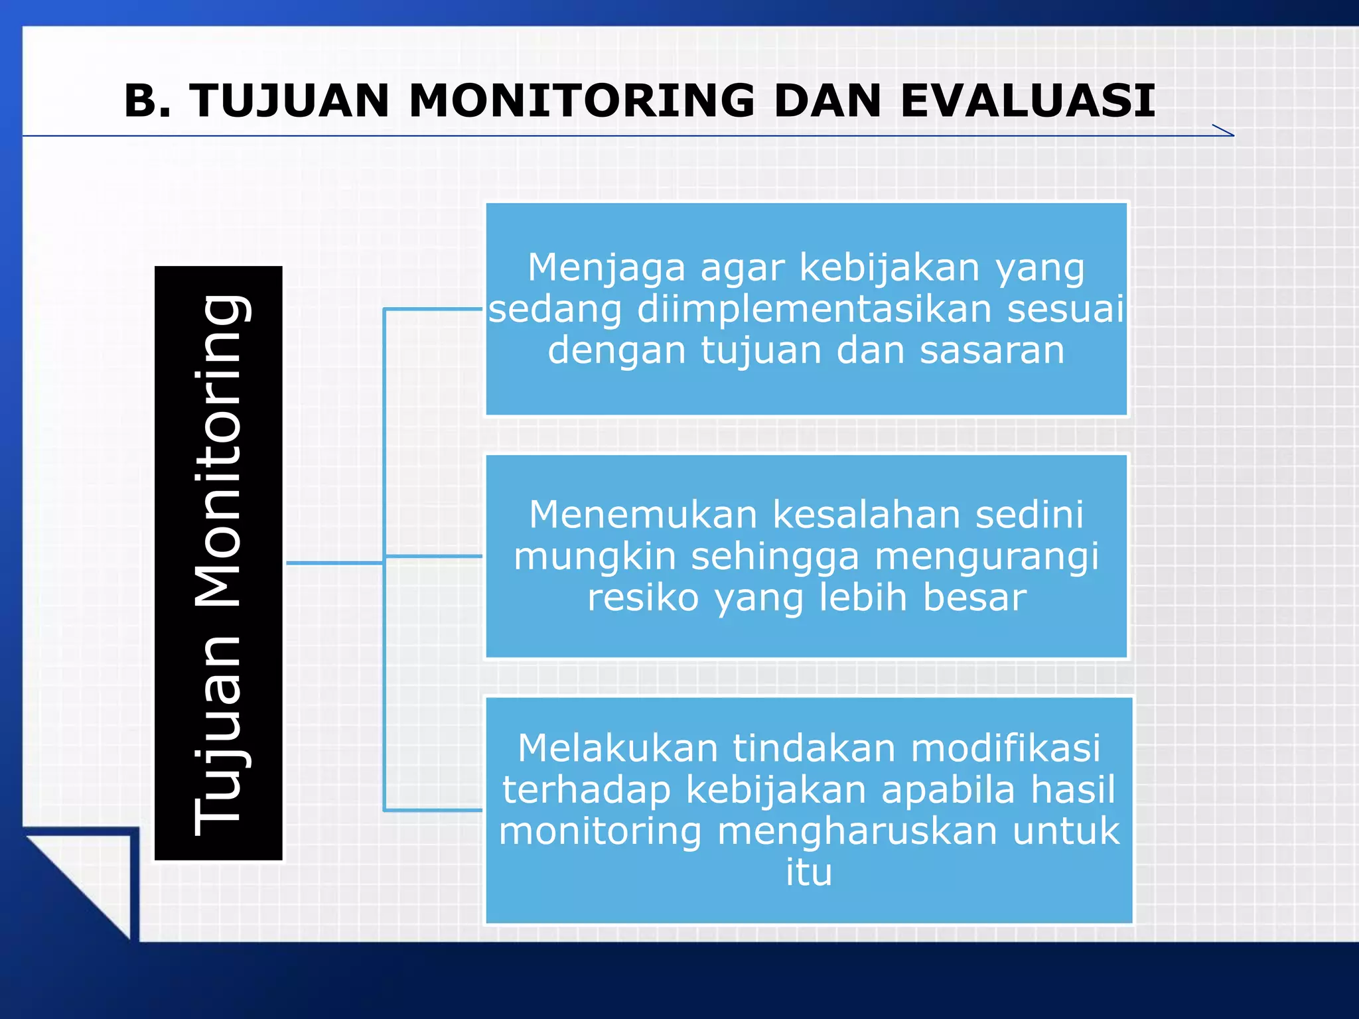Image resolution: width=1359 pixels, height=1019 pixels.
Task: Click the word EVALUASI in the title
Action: click(1027, 102)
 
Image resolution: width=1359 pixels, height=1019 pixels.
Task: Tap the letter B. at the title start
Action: click(148, 102)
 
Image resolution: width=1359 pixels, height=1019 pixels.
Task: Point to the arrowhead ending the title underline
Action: click(1224, 131)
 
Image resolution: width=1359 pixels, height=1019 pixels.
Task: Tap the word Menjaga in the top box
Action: click(607, 268)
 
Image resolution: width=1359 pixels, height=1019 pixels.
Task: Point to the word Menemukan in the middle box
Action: click(643, 515)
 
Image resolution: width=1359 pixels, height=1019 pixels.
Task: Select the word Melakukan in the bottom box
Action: click(618, 748)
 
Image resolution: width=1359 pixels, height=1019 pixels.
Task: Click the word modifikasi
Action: click(1005, 748)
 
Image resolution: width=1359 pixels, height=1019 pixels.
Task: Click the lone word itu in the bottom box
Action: click(808, 872)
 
